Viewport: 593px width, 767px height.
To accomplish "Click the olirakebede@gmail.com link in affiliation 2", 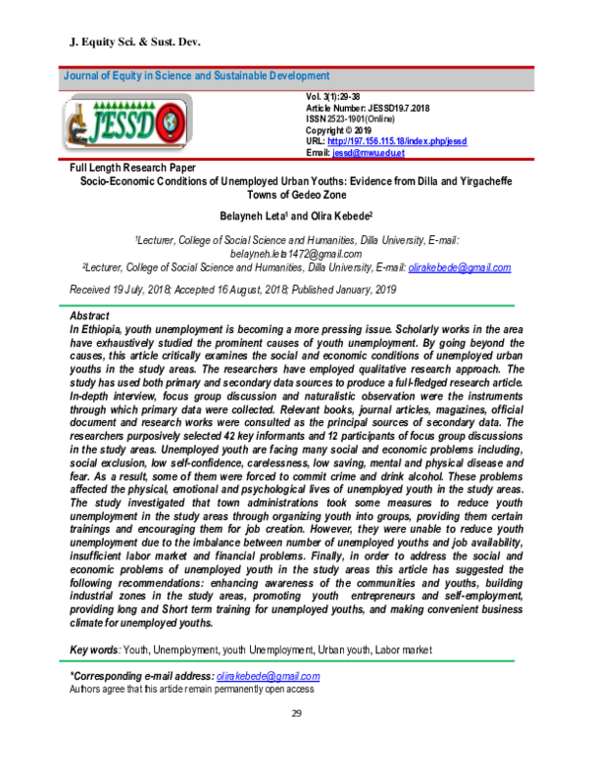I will click(459, 267).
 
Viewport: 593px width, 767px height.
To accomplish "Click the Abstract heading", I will click(90, 312).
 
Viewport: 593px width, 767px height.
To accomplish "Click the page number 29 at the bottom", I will click(296, 714).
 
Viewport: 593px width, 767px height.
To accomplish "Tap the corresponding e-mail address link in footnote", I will click(267, 676).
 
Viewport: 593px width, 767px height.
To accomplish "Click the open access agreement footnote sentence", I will click(192, 689).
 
